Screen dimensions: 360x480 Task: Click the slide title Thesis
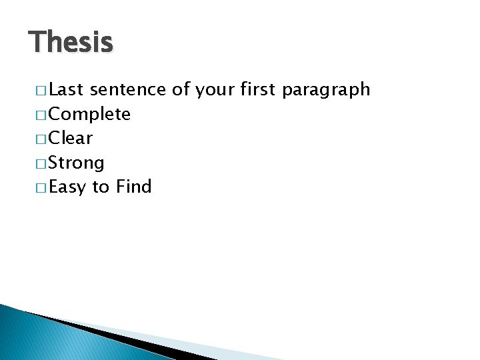71,43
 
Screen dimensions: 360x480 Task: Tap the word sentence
127,90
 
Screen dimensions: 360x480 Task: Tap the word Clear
71,139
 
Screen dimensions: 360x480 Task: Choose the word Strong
77,163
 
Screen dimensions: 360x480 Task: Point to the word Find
133,187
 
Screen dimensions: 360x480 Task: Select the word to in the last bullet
101,187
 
